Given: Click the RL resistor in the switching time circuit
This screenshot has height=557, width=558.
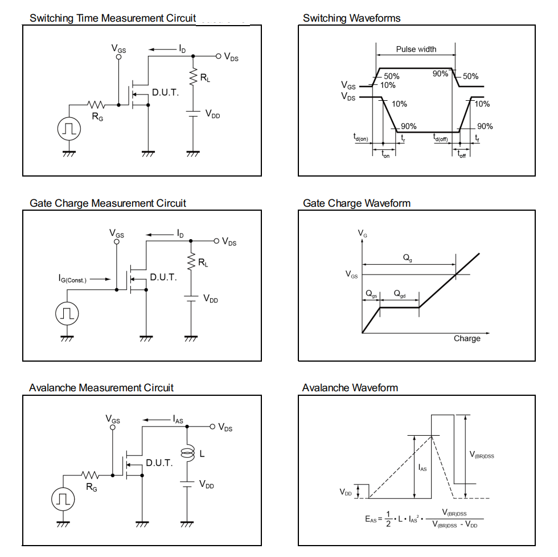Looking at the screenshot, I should click(x=194, y=77).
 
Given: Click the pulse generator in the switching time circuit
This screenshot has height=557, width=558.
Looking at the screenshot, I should click(x=68, y=129).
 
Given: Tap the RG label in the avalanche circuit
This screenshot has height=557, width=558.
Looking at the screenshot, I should click(x=91, y=487).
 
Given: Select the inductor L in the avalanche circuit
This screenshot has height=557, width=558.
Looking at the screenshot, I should click(x=186, y=454).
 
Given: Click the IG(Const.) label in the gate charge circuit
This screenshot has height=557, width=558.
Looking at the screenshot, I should click(x=72, y=279).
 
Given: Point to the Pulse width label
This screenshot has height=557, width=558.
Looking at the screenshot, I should click(x=416, y=49).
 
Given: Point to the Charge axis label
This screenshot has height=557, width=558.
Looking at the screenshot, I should click(x=467, y=338).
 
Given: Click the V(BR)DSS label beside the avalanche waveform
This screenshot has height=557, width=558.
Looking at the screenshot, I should click(x=482, y=454).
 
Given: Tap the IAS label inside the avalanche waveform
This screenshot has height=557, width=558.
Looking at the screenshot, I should click(x=422, y=468).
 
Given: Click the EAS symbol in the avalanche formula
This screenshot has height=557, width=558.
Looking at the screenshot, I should click(x=371, y=519).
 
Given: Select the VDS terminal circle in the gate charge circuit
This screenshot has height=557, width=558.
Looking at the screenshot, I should click(x=216, y=241).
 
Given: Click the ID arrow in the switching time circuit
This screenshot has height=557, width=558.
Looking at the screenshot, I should click(x=165, y=50).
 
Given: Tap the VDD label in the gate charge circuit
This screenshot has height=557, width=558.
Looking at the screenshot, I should click(x=210, y=299).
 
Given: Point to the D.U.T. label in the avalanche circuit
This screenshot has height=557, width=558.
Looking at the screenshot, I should click(x=159, y=462).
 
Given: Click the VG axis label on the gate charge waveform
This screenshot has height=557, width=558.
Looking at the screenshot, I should click(x=362, y=233).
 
